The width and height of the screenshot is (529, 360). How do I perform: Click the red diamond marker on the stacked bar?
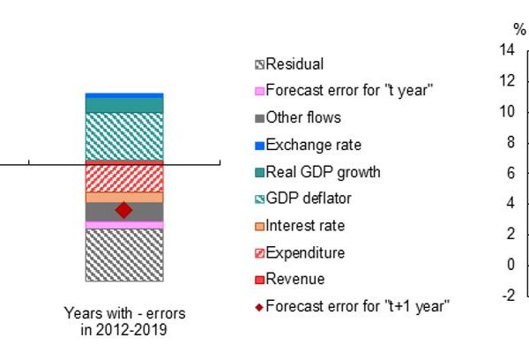click(x=123, y=210)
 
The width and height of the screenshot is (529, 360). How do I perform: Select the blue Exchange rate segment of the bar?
click(x=124, y=95)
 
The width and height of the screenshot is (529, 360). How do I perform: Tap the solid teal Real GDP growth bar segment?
click(x=124, y=105)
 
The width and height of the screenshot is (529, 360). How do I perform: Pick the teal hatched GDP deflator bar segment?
click(x=124, y=136)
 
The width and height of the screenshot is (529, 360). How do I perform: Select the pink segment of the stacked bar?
click(x=124, y=225)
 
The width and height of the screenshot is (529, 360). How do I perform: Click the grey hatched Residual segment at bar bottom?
click(x=124, y=255)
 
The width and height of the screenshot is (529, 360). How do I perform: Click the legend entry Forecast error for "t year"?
click(x=344, y=91)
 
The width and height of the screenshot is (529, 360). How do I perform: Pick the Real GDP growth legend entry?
click(x=317, y=172)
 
